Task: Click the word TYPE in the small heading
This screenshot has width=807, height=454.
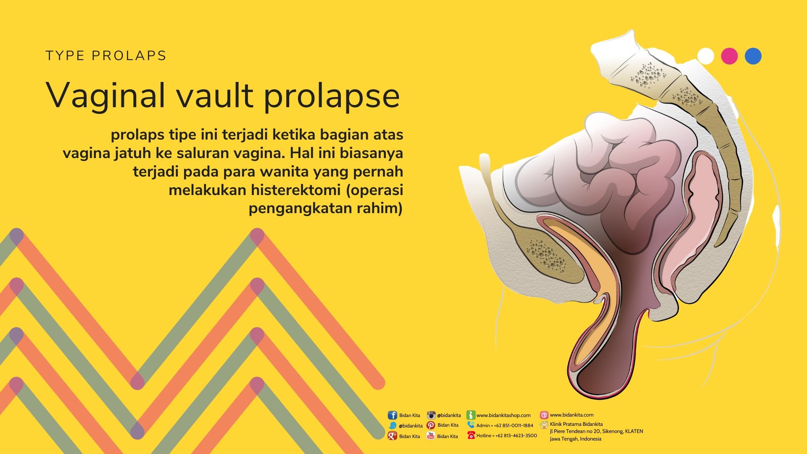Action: (65, 56)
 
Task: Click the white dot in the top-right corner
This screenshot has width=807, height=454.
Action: (706, 56)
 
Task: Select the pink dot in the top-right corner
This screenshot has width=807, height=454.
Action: (729, 56)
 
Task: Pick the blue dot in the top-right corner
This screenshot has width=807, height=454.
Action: (753, 56)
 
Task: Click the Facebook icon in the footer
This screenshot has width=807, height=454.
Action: (392, 415)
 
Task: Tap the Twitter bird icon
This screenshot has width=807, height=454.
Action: (393, 425)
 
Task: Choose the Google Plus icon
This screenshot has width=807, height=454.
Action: (392, 436)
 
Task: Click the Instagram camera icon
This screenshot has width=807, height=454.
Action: (431, 415)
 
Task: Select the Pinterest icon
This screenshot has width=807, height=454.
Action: (431, 425)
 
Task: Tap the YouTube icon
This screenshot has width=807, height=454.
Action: (431, 436)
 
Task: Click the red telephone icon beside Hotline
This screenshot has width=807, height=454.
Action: (471, 436)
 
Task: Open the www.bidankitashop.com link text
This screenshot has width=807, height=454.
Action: (504, 415)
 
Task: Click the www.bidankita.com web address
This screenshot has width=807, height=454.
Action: (572, 415)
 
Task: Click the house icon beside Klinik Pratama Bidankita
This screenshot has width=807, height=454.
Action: (544, 425)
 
